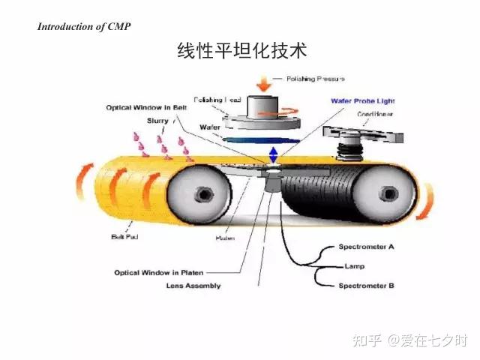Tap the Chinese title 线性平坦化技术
(241, 51)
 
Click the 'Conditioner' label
(373, 115)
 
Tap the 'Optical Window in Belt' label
(145, 107)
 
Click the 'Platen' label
(226, 238)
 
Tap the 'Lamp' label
(354, 266)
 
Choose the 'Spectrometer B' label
(367, 285)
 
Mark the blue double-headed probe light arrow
(273, 154)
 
